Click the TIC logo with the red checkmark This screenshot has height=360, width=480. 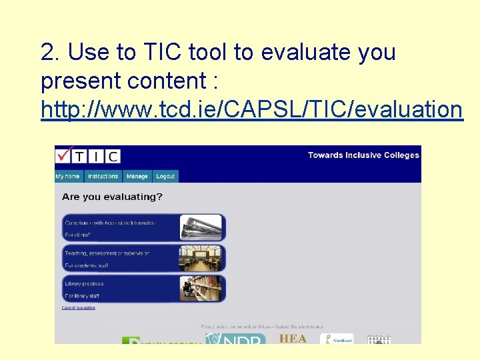coord(87,155)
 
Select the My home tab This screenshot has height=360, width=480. coord(68,177)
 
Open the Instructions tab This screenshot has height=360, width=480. coord(103,177)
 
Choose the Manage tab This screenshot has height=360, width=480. coord(137,177)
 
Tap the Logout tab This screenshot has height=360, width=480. coord(165,177)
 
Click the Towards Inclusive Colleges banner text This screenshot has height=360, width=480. coord(363,155)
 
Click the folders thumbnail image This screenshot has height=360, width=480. coord(201,227)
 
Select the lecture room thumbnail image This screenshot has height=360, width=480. coord(201,258)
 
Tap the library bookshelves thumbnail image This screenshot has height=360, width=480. coord(201,289)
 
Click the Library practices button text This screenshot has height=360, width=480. coord(84,284)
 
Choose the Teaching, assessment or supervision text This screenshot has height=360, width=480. coord(107,253)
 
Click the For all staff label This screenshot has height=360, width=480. coord(78,235)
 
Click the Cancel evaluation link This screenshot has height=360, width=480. coord(79,308)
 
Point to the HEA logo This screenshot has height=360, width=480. coord(293,338)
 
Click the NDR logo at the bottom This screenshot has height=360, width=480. coord(235,339)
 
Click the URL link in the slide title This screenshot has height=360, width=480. coord(251,109)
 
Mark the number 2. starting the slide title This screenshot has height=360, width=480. coord(51,52)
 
